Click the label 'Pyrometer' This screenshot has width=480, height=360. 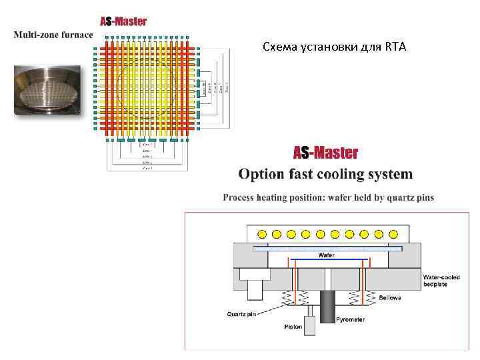(351, 319)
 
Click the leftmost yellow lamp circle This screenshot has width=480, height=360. (262, 234)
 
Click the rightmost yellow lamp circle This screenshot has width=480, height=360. (393, 234)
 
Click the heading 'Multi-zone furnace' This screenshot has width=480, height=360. (53, 34)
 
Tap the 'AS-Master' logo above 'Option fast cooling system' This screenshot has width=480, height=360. (325, 153)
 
